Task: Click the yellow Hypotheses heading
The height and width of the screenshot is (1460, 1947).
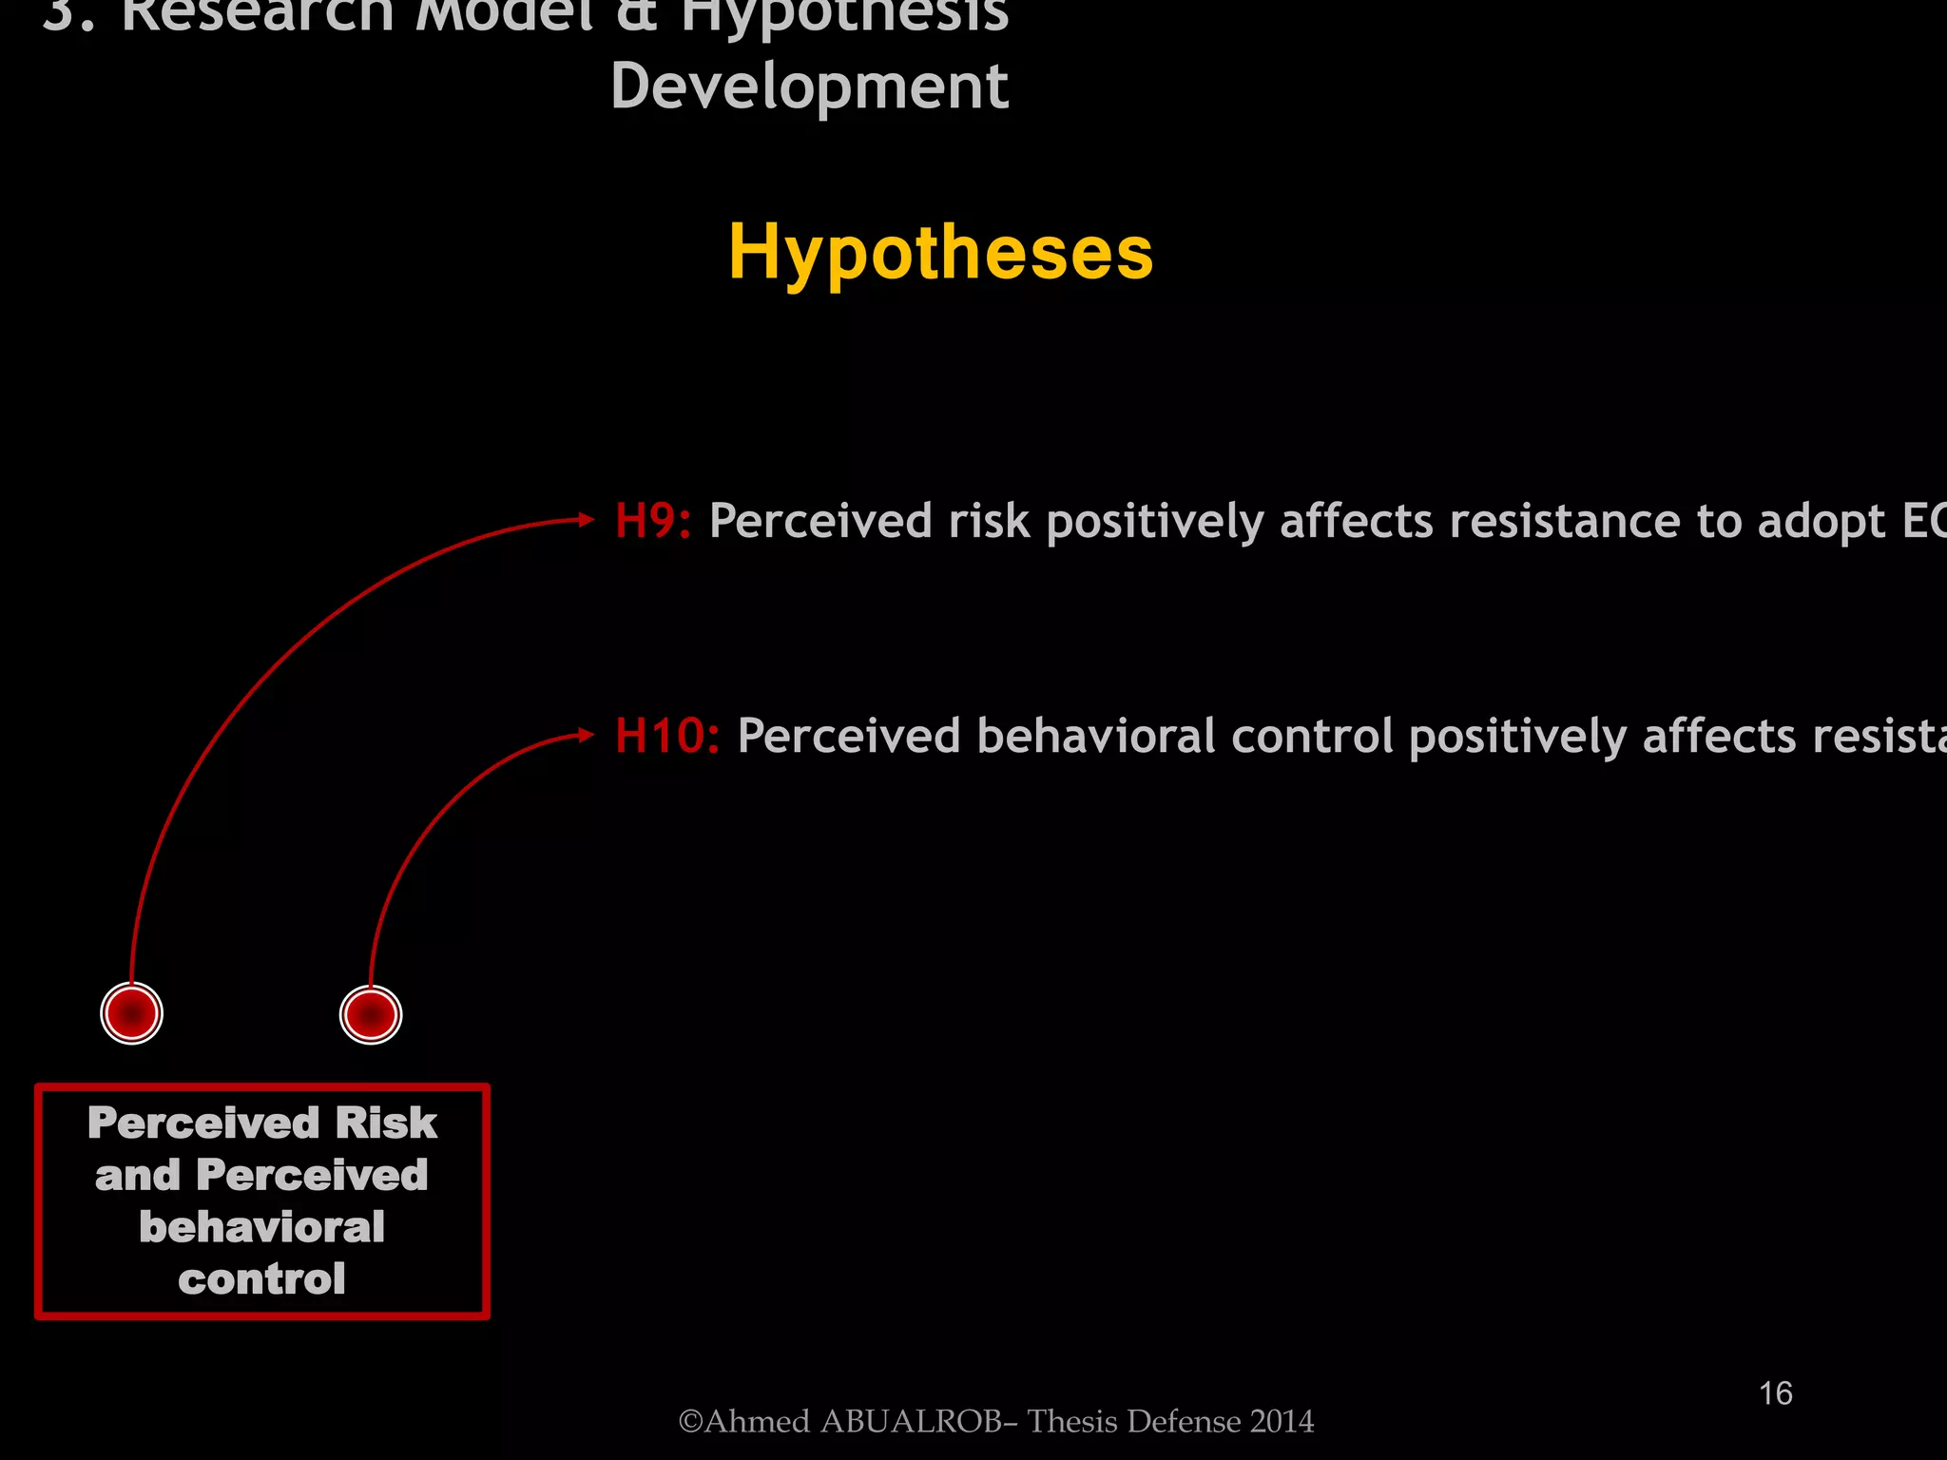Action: (940, 253)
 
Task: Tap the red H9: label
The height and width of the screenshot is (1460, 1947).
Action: (652, 521)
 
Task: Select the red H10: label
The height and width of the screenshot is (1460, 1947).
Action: (666, 736)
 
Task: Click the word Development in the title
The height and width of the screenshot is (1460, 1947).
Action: (809, 86)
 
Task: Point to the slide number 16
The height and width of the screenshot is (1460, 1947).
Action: (1775, 1393)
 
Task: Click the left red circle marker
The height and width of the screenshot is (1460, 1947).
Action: (132, 1013)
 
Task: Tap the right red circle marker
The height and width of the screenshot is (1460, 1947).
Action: (371, 1015)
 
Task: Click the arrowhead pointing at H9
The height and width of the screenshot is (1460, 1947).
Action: (587, 520)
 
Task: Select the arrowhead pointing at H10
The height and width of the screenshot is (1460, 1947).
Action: (587, 735)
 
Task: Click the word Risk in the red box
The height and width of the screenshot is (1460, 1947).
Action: (385, 1124)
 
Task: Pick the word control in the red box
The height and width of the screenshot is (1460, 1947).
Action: (261, 1279)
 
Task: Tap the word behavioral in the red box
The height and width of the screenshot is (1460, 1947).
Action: (261, 1227)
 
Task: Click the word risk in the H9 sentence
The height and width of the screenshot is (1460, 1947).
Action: (989, 521)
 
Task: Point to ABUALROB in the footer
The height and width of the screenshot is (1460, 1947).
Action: (910, 1421)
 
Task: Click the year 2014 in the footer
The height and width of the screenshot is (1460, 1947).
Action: (1282, 1421)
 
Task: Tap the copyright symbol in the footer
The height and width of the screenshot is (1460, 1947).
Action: (690, 1421)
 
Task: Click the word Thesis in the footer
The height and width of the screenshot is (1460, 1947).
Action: (1070, 1421)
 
